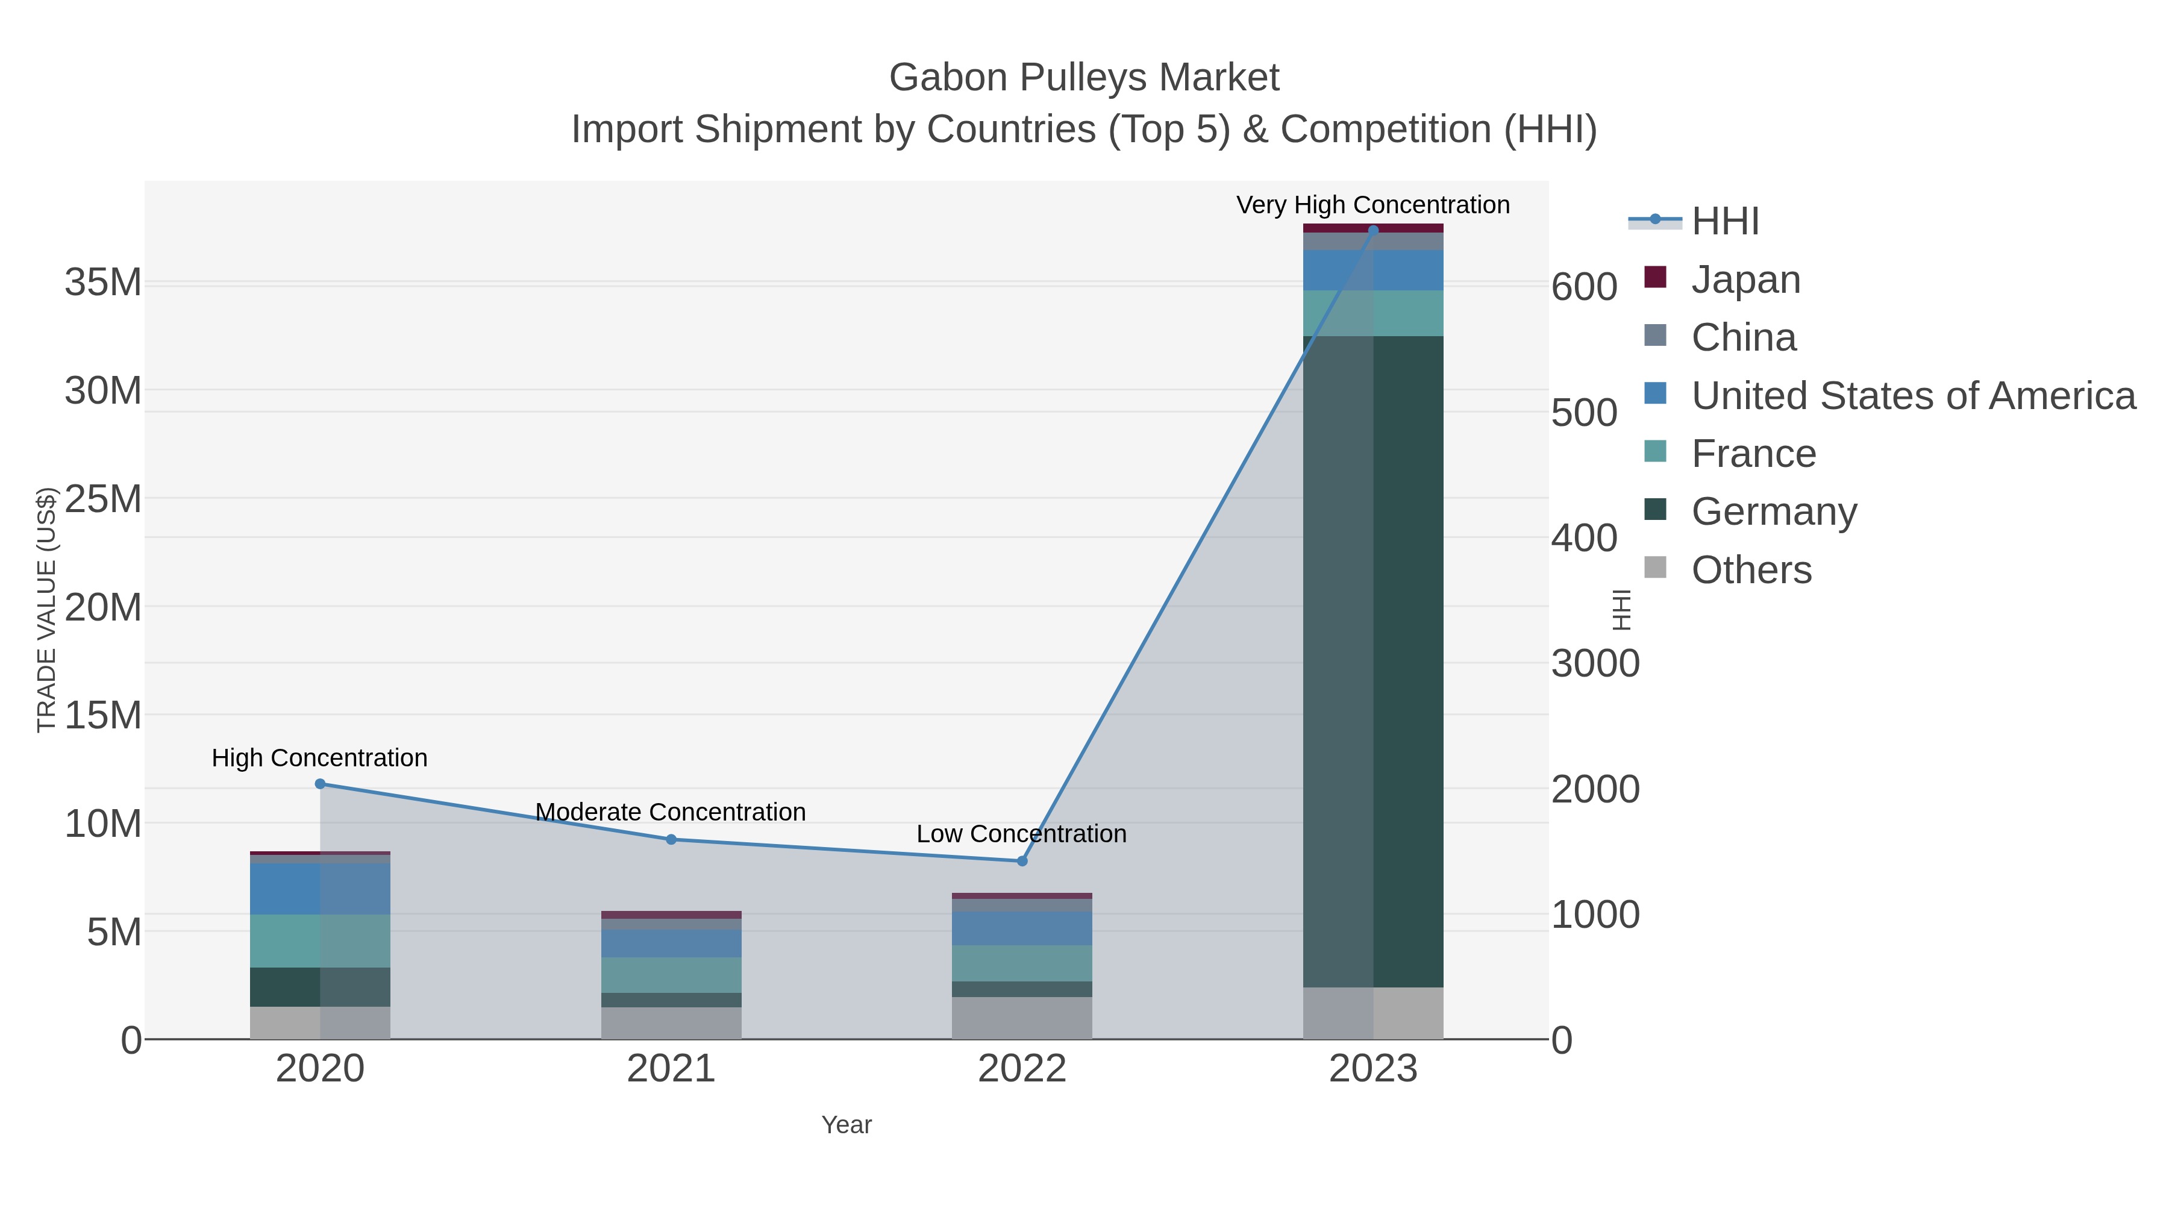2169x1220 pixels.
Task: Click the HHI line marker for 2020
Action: [x=320, y=784]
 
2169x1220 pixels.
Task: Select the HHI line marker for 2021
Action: [x=671, y=839]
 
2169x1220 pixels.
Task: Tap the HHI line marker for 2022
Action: [x=1022, y=862]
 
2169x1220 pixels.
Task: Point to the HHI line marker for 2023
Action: [x=1373, y=230]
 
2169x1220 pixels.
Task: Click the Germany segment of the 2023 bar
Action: [x=1373, y=661]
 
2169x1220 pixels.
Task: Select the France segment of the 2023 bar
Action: [x=1373, y=313]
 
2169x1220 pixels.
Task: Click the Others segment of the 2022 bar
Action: [x=1022, y=1018]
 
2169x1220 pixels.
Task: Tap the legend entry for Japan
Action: [x=1745, y=280]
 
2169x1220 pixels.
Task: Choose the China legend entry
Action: [x=1743, y=337]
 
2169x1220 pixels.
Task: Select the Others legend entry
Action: [x=1750, y=570]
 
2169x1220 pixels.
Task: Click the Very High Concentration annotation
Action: [x=1372, y=205]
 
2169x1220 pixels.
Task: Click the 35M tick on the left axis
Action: [x=102, y=283]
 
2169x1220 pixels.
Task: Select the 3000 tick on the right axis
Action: [x=1595, y=663]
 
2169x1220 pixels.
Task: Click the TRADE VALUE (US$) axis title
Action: [x=46, y=610]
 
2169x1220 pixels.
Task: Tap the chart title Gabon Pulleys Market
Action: [x=1084, y=78]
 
